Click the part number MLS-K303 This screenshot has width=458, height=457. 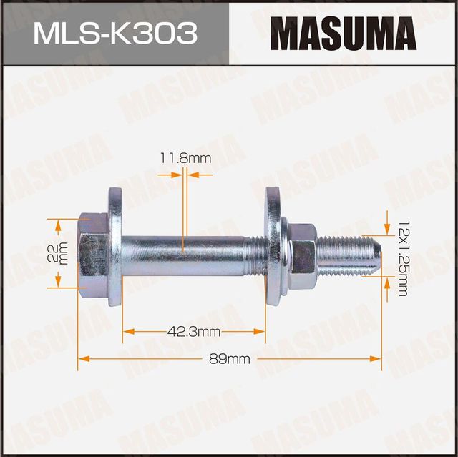114,34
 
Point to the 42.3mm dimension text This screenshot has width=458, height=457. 194,331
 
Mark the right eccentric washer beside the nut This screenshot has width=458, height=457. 273,247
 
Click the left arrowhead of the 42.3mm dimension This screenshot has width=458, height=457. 127,331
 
